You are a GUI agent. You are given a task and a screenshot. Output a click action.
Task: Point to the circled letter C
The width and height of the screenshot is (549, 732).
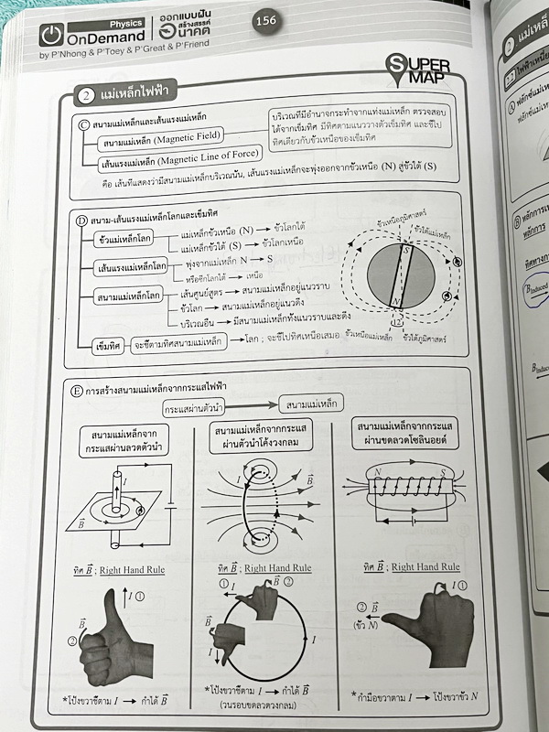84,123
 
